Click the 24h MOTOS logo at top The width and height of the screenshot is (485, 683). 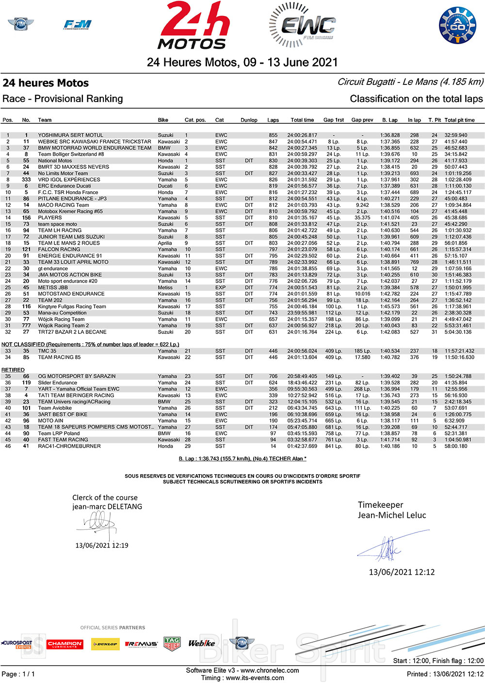click(x=193, y=26)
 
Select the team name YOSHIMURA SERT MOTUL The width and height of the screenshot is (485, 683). click(x=70, y=135)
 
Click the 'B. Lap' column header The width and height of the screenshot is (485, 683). click(x=389, y=120)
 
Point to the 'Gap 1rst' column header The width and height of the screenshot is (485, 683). click(x=334, y=120)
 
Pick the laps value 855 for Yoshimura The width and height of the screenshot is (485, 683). click(x=273, y=135)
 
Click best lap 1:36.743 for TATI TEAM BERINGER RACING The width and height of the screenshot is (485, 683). click(x=390, y=396)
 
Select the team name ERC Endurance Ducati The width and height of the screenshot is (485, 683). click(x=64, y=186)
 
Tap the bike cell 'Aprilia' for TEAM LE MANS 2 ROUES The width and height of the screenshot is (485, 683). click(x=165, y=243)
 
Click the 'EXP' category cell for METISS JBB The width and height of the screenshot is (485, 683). click(x=221, y=287)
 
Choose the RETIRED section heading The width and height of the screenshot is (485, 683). click(x=13, y=370)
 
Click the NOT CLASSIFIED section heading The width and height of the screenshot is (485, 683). click(x=90, y=344)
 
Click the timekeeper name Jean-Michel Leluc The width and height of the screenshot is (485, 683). click(x=392, y=515)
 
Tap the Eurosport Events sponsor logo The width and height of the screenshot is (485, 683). click(x=16, y=644)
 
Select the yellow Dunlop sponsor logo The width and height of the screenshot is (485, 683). click(x=105, y=644)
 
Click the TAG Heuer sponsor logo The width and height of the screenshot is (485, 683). click(x=172, y=644)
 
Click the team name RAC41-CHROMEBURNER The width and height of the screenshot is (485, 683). click(x=69, y=446)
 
